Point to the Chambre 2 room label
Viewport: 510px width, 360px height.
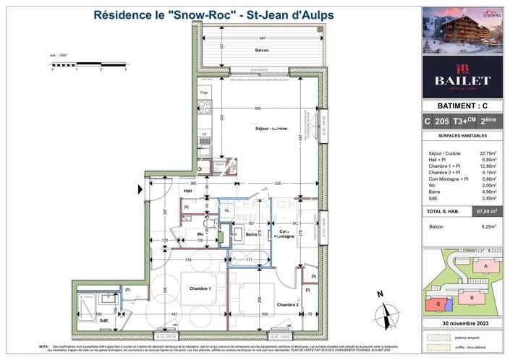pyautogui.click(x=287, y=304)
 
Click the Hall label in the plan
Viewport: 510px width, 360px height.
pyautogui.click(x=166, y=191)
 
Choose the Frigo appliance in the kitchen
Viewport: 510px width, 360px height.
pyautogui.click(x=205, y=93)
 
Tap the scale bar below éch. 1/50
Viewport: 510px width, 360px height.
pyautogui.click(x=88, y=64)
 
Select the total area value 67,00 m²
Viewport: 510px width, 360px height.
pyautogui.click(x=485, y=211)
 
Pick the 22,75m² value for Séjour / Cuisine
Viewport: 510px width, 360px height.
pyautogui.click(x=488, y=153)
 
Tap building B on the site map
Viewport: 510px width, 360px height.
pyautogui.click(x=472, y=297)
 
